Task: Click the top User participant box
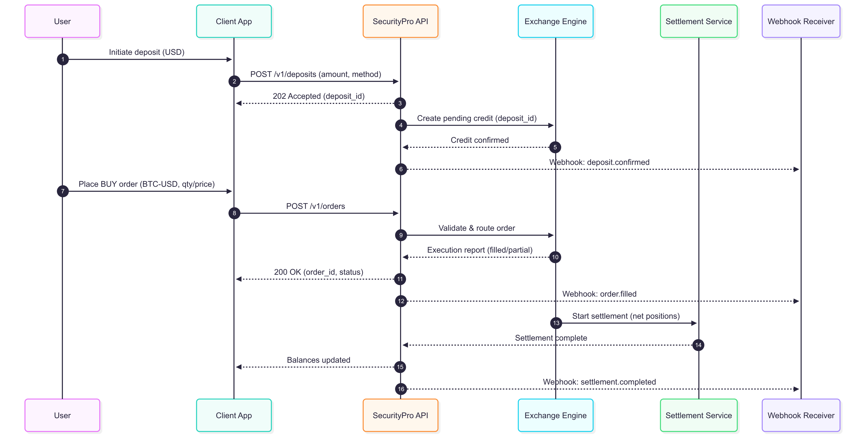(x=62, y=21)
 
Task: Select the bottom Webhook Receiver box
(x=801, y=415)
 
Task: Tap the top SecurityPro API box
(x=400, y=21)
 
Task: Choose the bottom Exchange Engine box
(x=555, y=415)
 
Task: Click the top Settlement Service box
(x=699, y=21)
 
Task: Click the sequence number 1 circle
(x=63, y=60)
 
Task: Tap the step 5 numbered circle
(x=555, y=147)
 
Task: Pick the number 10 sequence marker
(x=555, y=257)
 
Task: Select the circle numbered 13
(x=556, y=323)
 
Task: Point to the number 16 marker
(x=401, y=389)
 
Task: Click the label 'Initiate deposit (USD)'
(x=146, y=52)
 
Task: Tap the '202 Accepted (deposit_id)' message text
(x=318, y=96)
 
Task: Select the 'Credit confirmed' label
(x=480, y=140)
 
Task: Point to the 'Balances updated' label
(x=318, y=360)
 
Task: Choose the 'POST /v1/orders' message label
(x=315, y=206)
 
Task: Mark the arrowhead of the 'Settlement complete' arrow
(x=405, y=345)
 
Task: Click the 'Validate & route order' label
(x=476, y=228)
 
